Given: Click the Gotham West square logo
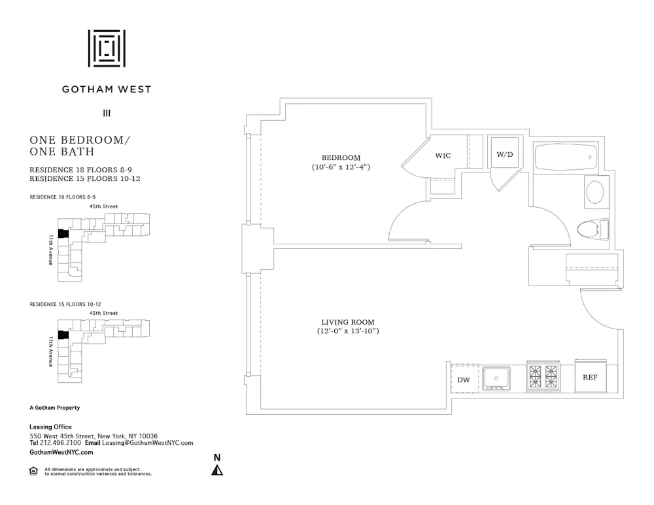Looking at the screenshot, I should pyautogui.click(x=107, y=48).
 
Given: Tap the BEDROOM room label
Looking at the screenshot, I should pyautogui.click(x=341, y=157).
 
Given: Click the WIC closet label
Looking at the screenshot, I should pyautogui.click(x=443, y=155).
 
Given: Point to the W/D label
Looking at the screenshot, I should pyautogui.click(x=504, y=155).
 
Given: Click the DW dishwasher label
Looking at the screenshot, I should pyautogui.click(x=464, y=380).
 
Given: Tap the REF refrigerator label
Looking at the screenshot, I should pyautogui.click(x=590, y=378).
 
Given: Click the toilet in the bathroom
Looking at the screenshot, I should pyautogui.click(x=593, y=229).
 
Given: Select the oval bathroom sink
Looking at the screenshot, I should pyautogui.click(x=595, y=192).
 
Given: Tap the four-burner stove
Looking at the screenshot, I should pyautogui.click(x=543, y=377).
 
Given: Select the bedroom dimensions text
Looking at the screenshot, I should pyautogui.click(x=346, y=168).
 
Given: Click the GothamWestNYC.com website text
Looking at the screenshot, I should pyautogui.click(x=61, y=452).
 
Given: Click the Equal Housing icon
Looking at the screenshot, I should pyautogui.click(x=34, y=471).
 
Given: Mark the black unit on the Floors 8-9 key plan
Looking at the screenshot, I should pyautogui.click(x=63, y=233).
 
